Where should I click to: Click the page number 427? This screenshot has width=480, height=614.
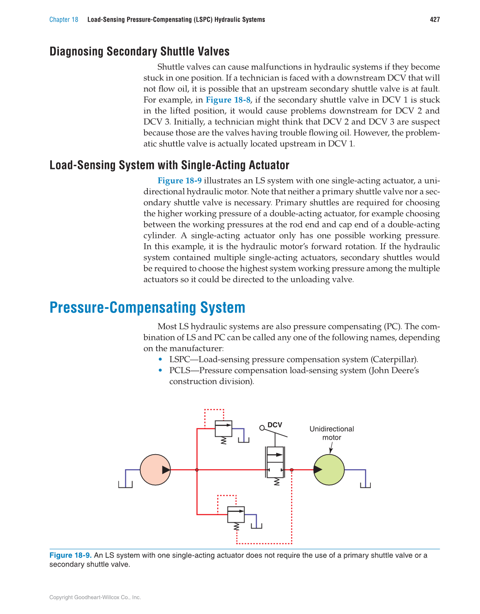(x=435, y=20)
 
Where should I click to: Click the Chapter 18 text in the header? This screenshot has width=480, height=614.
(x=64, y=20)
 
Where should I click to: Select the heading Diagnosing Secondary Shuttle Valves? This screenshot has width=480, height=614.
(x=140, y=51)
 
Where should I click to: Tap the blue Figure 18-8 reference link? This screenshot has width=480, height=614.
(x=228, y=100)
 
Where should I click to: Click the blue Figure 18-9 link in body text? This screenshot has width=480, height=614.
(x=179, y=181)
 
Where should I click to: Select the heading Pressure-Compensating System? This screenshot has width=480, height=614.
(x=147, y=308)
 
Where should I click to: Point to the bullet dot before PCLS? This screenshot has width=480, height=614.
(x=161, y=370)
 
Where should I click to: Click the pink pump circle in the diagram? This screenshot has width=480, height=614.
(x=155, y=470)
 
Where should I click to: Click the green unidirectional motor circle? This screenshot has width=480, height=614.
(x=329, y=470)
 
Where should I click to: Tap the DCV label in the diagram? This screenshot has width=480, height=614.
(x=274, y=425)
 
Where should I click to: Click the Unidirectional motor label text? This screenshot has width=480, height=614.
(x=331, y=433)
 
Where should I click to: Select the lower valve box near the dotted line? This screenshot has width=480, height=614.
(x=236, y=515)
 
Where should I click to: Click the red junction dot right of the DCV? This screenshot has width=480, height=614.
(x=291, y=470)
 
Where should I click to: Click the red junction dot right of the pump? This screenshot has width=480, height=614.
(x=197, y=470)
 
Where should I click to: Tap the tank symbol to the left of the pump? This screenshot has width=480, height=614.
(x=125, y=484)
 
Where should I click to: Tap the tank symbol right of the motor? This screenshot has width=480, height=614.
(x=365, y=484)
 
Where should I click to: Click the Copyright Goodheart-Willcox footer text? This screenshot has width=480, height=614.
(x=95, y=597)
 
